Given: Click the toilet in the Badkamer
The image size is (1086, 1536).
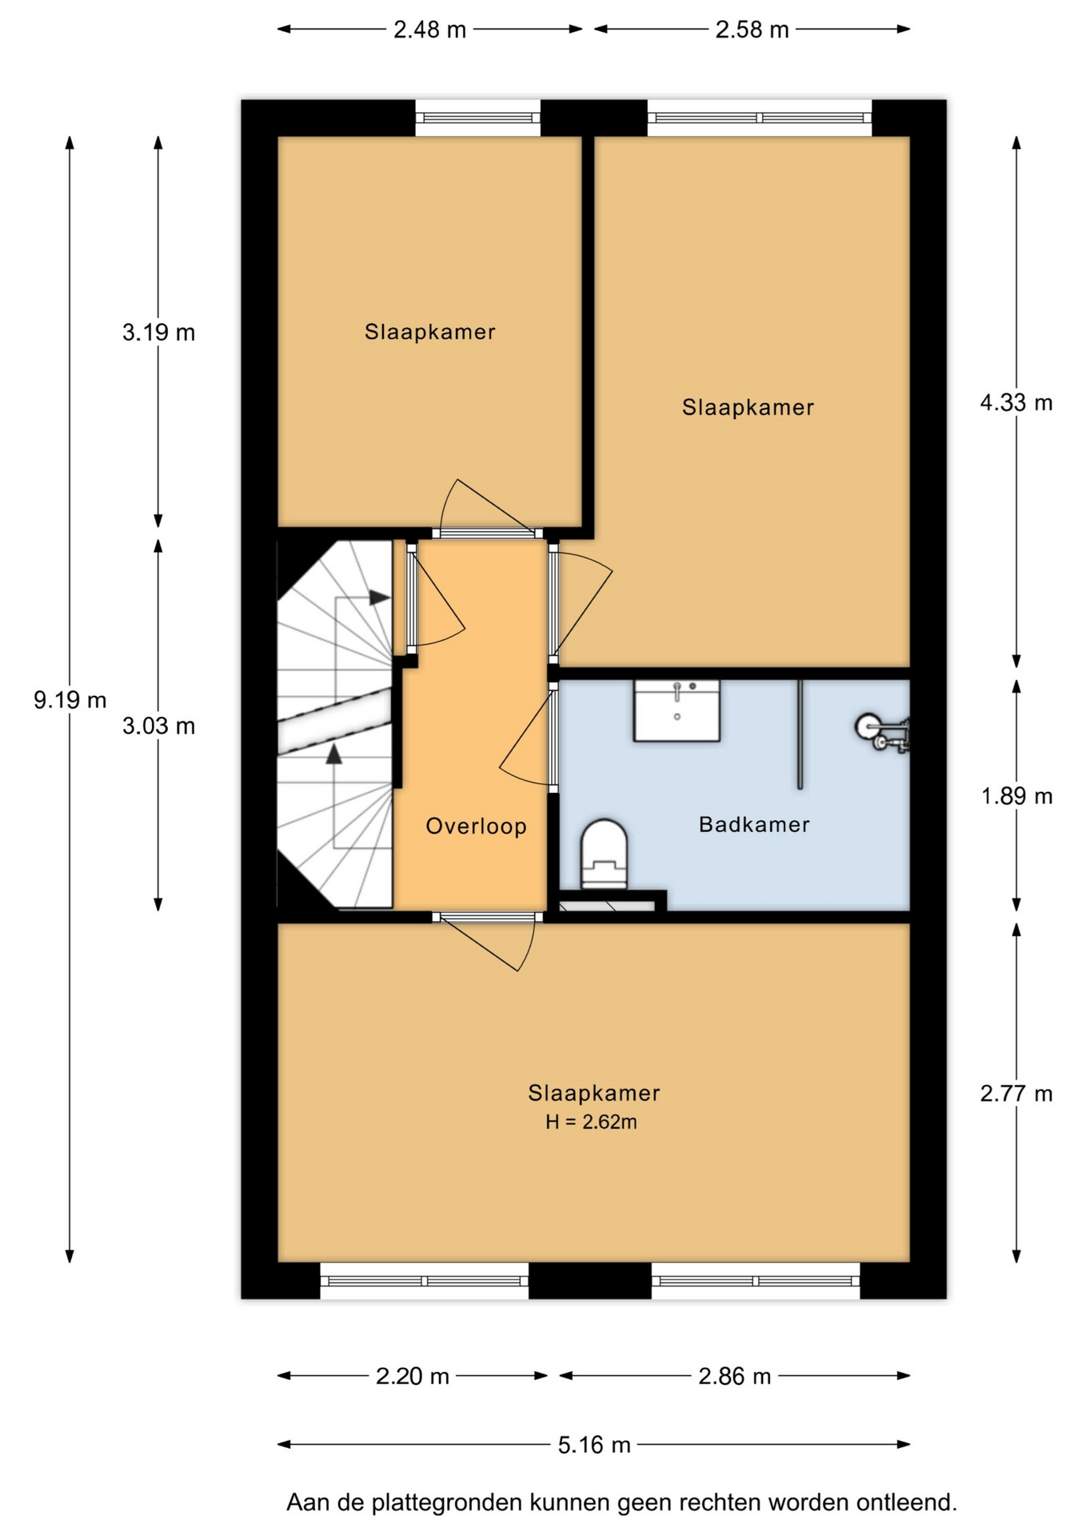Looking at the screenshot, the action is (604, 854).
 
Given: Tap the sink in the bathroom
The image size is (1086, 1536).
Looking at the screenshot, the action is (677, 710).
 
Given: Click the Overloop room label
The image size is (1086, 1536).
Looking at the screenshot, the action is (476, 826).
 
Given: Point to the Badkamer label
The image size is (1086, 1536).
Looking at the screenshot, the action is (754, 824).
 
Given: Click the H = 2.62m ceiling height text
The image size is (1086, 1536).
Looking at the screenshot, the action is (591, 1122).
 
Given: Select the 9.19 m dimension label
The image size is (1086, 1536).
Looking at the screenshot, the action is (70, 700).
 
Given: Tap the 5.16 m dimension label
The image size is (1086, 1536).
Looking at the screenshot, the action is (594, 1445).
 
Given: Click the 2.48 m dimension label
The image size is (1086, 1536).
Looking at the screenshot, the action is (429, 30).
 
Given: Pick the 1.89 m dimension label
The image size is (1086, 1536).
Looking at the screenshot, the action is (1016, 796).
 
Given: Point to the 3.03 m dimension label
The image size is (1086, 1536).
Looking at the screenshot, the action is (158, 726).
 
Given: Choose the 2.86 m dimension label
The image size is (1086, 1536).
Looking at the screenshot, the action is (735, 1376).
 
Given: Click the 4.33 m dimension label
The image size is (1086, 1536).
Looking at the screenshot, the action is (1016, 402).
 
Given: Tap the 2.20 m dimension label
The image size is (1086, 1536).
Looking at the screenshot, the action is (413, 1376).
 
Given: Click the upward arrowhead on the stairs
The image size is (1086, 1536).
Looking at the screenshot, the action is (333, 753).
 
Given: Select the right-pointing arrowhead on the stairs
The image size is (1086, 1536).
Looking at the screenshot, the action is (379, 598).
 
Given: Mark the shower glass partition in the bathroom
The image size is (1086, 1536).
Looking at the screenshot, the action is (800, 734).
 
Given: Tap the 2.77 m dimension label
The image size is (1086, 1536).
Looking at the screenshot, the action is (1016, 1094).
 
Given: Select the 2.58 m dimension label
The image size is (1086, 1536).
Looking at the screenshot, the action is (752, 30).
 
